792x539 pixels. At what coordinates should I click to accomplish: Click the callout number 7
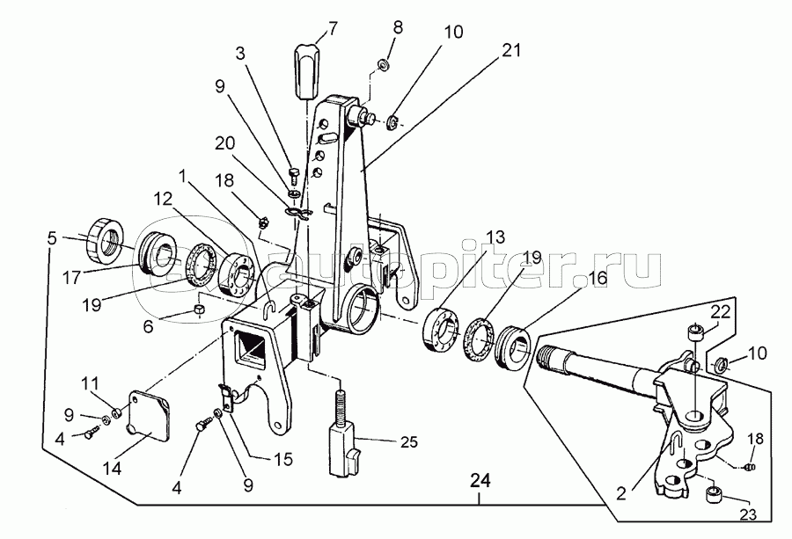tap(332, 29)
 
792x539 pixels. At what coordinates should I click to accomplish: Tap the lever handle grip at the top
tap(306, 72)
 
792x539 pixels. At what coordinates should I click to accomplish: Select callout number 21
tap(510, 50)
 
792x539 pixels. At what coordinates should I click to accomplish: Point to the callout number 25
tap(409, 442)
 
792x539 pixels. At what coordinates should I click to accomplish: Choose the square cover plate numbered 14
tap(149, 413)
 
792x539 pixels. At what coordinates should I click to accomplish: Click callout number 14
tap(112, 469)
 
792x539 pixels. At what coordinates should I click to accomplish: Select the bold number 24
tap(480, 480)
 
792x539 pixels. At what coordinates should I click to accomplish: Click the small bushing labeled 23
tap(713, 493)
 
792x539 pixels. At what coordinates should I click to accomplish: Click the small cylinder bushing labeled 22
tap(695, 333)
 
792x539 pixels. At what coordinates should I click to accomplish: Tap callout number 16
tap(597, 279)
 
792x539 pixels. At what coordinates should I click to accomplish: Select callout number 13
tap(495, 237)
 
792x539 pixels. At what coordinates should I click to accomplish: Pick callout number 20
tap(224, 144)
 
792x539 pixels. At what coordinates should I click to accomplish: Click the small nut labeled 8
tap(383, 65)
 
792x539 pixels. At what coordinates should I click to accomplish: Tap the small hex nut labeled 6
tap(200, 309)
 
